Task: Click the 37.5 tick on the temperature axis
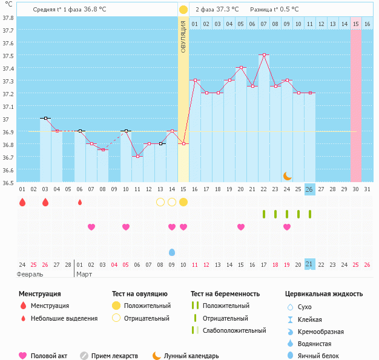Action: click(8, 55)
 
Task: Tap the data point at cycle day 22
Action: click(264, 54)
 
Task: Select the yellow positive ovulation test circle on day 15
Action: click(183, 202)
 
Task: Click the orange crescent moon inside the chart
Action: click(288, 175)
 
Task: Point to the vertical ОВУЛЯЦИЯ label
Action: click(183, 36)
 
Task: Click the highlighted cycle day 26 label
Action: click(309, 189)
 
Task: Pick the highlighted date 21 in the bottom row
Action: click(309, 264)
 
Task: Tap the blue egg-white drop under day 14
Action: click(172, 252)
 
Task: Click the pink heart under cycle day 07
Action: click(91, 227)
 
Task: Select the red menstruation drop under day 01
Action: click(22, 202)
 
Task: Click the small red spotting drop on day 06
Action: click(80, 202)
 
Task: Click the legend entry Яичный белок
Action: click(323, 356)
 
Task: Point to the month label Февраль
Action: click(30, 274)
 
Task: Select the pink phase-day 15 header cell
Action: click(356, 24)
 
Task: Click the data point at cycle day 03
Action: click(45, 118)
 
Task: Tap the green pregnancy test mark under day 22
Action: click(264, 214)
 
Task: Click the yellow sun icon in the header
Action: click(183, 10)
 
